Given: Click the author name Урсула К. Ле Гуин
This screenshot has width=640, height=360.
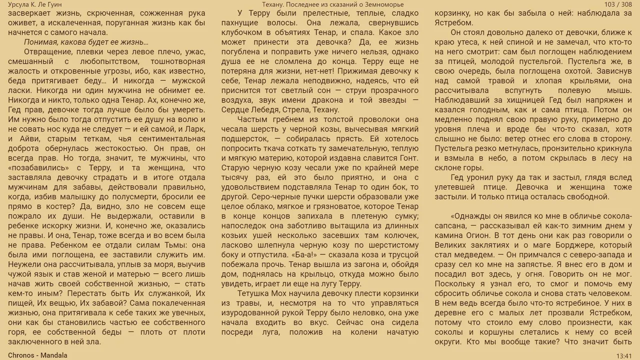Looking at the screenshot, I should pos(35,4).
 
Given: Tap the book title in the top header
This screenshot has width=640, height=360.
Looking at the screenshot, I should pos(320,4).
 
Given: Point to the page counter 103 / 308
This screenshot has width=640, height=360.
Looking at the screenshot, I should pos(618,4).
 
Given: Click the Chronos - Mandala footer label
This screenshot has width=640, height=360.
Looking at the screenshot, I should pos(37,355).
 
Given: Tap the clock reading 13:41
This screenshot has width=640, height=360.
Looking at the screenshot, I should pos(624,355).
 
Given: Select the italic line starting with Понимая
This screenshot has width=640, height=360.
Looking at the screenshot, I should pos(86,42).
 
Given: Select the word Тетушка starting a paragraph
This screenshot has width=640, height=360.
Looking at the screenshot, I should pos(254,293).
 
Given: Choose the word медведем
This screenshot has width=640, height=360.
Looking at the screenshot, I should pos(475,255).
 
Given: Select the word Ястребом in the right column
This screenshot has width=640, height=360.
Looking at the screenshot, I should pos(454,23).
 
